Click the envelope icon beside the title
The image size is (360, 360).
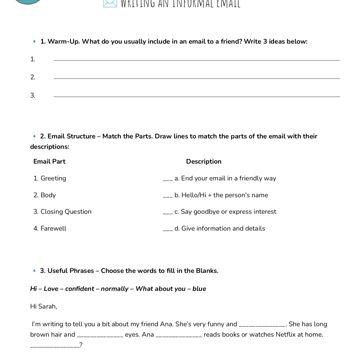110,3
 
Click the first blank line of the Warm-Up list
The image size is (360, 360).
197,60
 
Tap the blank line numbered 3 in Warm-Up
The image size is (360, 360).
197,96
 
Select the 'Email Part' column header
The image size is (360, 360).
49,161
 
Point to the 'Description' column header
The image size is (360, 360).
203,161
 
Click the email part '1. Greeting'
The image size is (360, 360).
50,178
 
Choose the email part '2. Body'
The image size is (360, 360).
45,195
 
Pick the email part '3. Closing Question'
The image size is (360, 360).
62,212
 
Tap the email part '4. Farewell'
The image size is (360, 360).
50,228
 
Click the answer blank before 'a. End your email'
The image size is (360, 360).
168,180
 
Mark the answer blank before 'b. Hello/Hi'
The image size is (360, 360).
168,197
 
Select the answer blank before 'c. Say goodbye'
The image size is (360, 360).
168,213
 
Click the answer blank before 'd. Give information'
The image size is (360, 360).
168,230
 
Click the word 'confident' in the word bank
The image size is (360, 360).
80,289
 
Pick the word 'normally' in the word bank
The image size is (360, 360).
114,289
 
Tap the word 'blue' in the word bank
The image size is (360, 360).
199,289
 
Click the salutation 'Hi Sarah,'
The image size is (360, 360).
43,306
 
